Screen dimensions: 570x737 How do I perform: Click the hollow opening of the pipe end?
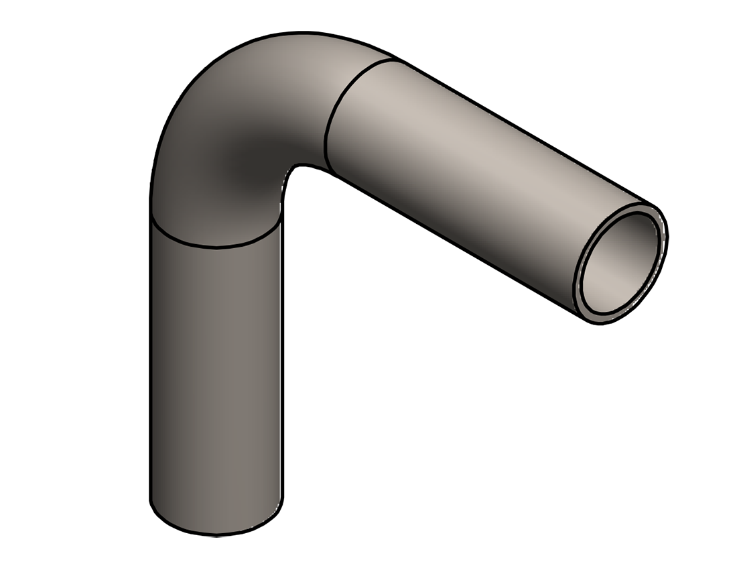click(620, 266)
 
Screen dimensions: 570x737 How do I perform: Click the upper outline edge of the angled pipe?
click(523, 131)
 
